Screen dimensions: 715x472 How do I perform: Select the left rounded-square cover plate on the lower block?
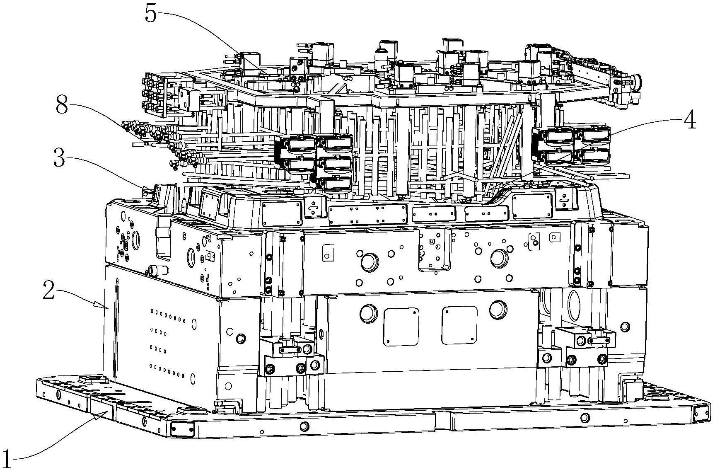401,327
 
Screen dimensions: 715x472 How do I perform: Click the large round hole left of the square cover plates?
368,314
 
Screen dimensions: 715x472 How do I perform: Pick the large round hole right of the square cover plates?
498,308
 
